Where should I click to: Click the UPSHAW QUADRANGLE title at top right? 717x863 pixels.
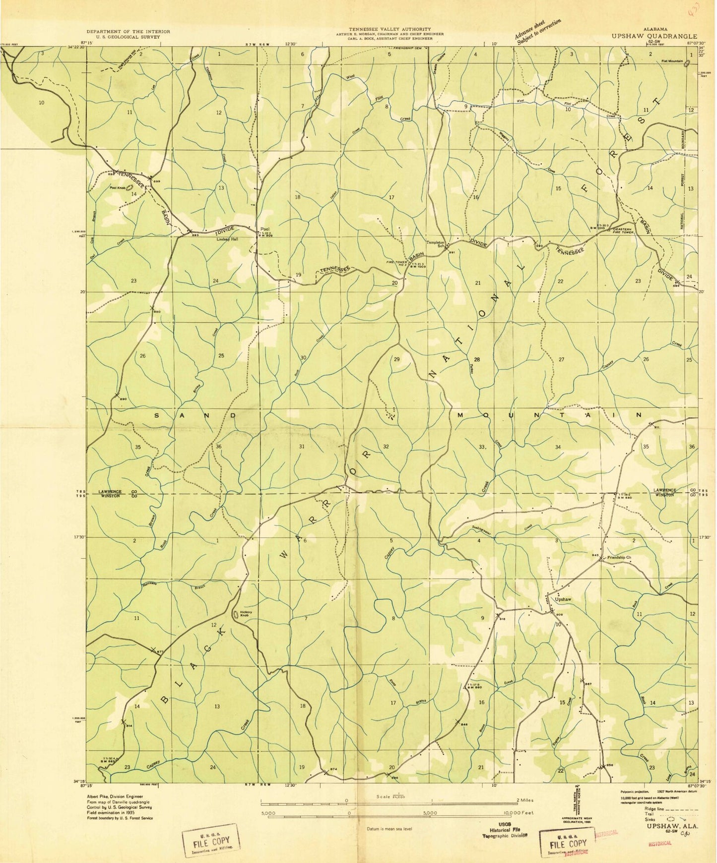[x=654, y=36]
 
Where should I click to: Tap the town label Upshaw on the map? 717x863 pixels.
[x=563, y=599]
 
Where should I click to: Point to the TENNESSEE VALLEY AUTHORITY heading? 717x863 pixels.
[x=390, y=29]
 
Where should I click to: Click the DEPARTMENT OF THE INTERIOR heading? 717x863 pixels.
[x=128, y=31]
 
